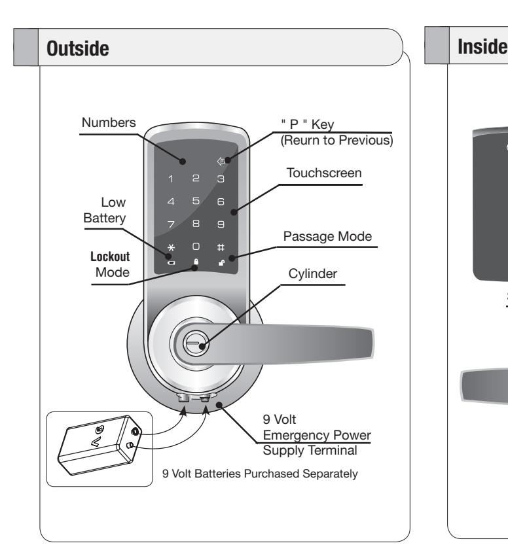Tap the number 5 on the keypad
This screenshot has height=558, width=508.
point(196,201)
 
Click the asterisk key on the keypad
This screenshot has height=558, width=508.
point(172,247)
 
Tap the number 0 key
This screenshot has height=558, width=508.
point(196,246)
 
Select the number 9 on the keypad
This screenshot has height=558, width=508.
point(221,224)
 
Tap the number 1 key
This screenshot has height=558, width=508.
point(171,179)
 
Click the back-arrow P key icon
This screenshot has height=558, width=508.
point(221,162)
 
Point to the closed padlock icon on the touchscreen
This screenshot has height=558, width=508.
point(196,262)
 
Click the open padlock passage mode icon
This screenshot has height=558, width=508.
point(221,263)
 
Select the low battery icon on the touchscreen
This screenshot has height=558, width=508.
point(172,263)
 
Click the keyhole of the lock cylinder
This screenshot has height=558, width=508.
point(193,343)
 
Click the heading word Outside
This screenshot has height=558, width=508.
point(78,48)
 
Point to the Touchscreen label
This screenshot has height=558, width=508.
point(324,173)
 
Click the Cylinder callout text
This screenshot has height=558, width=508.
point(313,273)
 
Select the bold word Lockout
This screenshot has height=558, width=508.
point(110,256)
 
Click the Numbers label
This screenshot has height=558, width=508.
point(109,122)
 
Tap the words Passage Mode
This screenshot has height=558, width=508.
point(327,236)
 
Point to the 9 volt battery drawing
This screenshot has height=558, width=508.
point(100,445)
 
